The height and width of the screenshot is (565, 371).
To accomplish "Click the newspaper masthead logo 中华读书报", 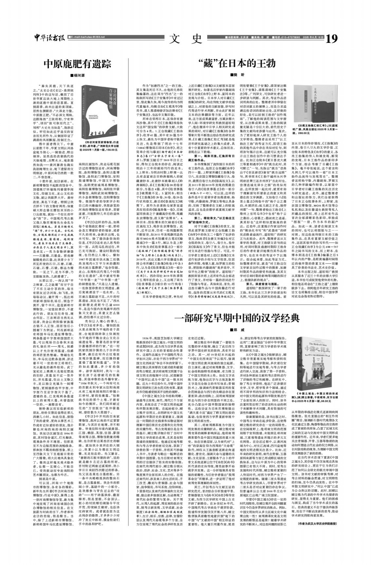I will tap(49, 39).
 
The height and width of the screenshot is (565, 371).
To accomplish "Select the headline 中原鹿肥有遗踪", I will tap(78, 63).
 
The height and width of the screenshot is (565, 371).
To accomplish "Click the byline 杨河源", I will tap(78, 75).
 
